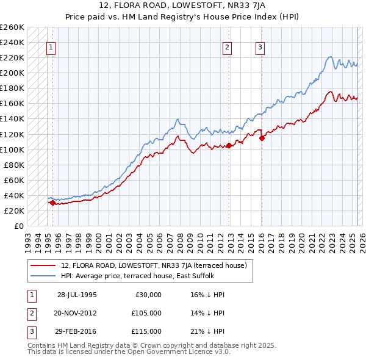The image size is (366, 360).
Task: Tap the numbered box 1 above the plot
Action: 51,48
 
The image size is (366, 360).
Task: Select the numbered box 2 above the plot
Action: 227,48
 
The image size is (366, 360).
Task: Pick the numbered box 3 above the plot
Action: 260,48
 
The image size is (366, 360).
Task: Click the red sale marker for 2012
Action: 229,145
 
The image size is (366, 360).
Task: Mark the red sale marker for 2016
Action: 262,138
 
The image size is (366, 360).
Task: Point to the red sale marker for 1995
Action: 52,203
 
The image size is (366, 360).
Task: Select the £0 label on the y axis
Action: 18,226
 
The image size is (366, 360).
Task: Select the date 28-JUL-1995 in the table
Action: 77,295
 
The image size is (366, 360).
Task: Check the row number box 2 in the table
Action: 32,313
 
